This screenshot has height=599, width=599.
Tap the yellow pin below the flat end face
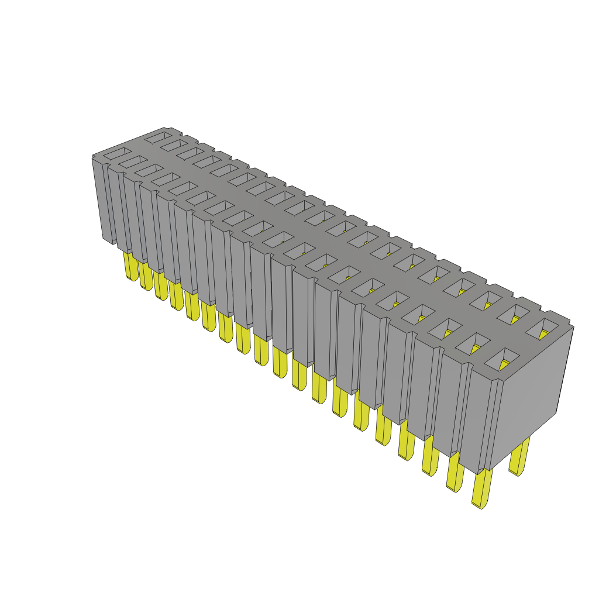[x=519, y=456]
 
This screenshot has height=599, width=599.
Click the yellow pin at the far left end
[x=130, y=267]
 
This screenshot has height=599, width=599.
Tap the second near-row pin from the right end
[x=456, y=471]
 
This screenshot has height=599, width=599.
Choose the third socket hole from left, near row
[x=150, y=170]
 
